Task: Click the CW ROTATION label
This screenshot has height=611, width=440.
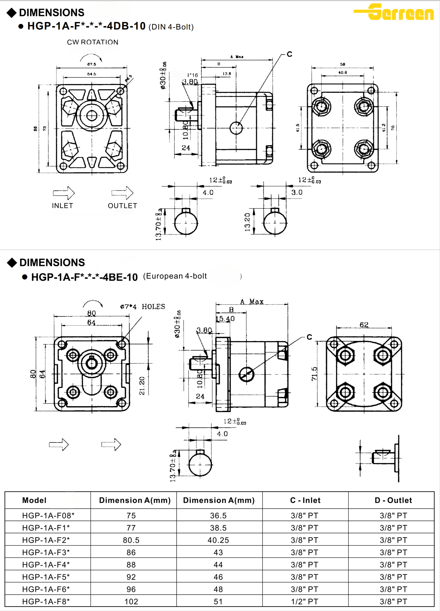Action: [x=93, y=42]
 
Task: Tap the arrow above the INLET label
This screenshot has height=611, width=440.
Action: [x=64, y=193]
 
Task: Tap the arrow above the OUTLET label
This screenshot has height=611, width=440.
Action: [x=123, y=193]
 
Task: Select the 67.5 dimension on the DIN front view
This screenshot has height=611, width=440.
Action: [x=92, y=64]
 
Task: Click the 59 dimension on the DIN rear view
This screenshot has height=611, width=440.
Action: [x=342, y=64]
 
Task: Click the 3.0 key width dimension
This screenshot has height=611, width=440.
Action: [x=297, y=192]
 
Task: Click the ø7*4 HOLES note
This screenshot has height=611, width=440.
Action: [x=143, y=307]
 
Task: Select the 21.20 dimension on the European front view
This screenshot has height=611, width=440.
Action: [x=142, y=386]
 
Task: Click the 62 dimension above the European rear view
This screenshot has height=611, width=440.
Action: [x=364, y=325]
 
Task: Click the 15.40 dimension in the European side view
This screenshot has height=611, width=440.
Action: [x=225, y=319]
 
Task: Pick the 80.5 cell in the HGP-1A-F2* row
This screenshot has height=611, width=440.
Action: [x=131, y=540]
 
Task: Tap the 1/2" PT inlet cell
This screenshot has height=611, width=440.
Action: [x=304, y=602]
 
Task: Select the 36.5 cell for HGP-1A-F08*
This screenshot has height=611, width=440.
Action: [x=218, y=516]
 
